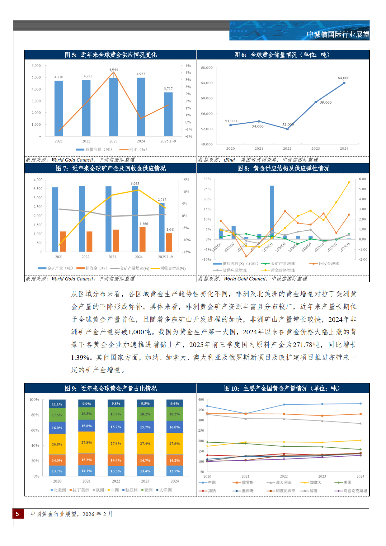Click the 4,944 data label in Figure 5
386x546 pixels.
[x=114, y=70]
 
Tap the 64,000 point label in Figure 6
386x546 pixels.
[x=344, y=78]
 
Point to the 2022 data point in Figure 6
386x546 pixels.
[x=287, y=129]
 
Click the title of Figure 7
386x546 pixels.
[x=111, y=168]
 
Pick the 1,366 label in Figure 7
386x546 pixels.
[x=144, y=224]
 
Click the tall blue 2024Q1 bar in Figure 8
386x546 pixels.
[x=272, y=212]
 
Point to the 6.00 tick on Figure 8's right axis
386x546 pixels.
[x=362, y=179]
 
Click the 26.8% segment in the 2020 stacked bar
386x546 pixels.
[x=57, y=444]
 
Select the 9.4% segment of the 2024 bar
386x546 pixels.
[x=175, y=403]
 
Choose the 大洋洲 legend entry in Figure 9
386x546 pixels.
[x=164, y=490]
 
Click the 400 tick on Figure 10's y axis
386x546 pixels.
[x=201, y=400]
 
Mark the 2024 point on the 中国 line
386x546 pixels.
[x=360, y=404]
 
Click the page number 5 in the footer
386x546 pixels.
[x=17, y=514]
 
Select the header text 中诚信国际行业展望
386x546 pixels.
[x=338, y=35]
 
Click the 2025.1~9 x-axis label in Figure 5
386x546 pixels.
[x=168, y=141]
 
